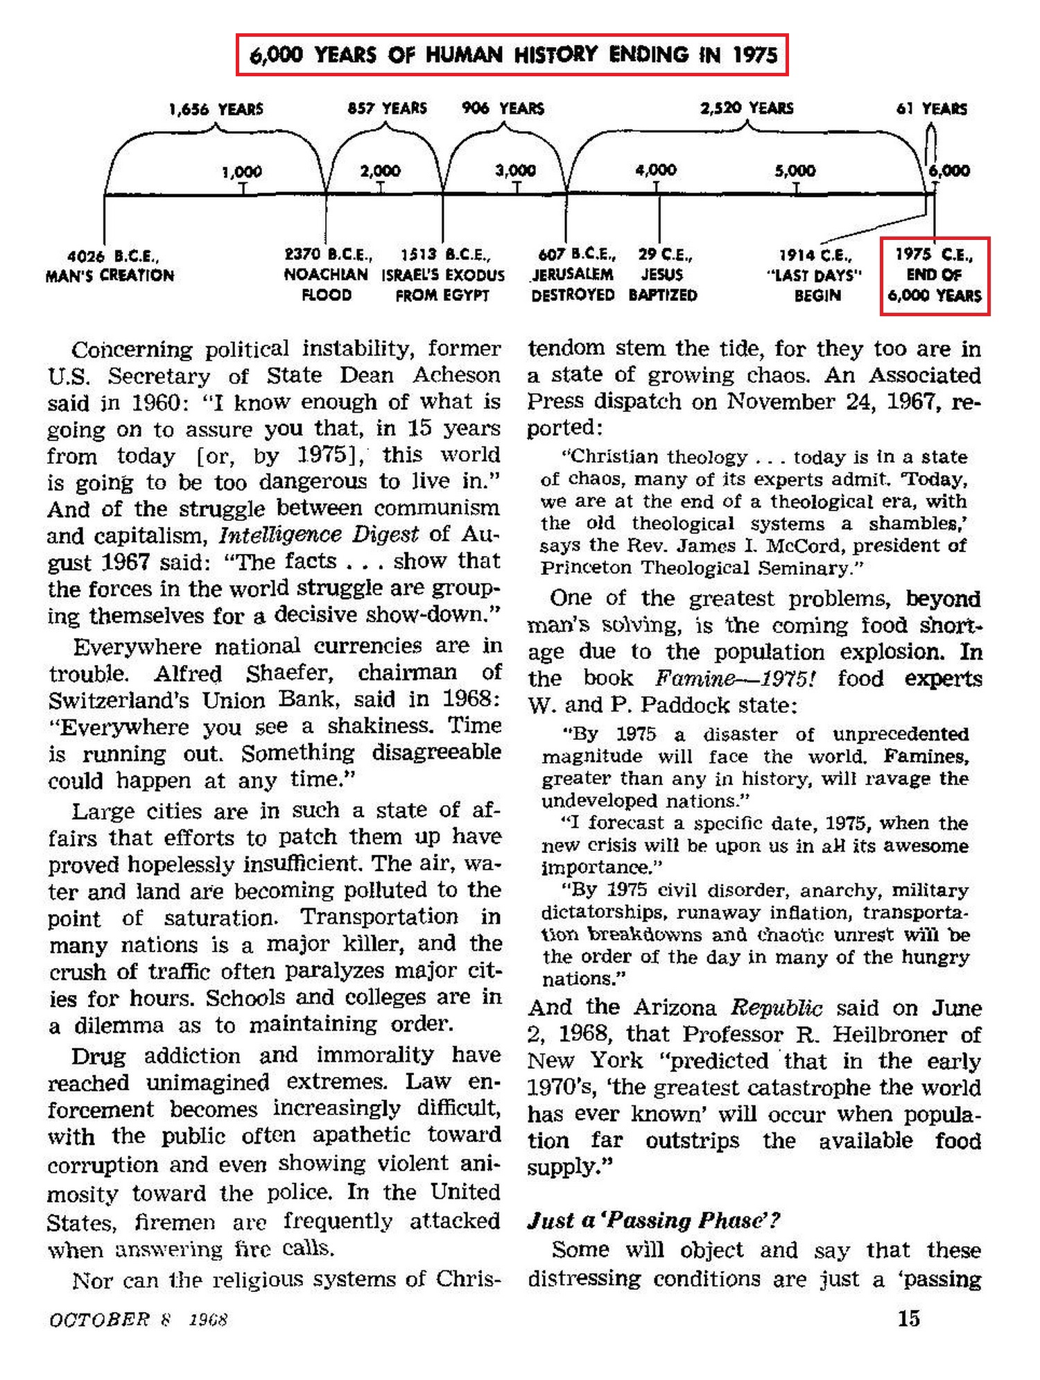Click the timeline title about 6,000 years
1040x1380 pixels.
coord(512,54)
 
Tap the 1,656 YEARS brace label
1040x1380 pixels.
coord(216,109)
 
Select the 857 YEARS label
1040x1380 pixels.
coord(387,108)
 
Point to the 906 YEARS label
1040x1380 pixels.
coord(503,108)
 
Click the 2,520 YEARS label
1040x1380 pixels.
coord(747,108)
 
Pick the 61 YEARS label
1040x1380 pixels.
coord(931,108)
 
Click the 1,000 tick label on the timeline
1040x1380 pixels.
coord(242,171)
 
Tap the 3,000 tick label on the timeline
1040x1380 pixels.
coord(517,170)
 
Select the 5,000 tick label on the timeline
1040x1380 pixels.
coord(795,170)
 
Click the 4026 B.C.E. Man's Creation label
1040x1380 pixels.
coord(110,266)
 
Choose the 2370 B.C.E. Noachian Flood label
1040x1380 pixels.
coord(327,275)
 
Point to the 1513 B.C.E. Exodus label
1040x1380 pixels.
coord(443,275)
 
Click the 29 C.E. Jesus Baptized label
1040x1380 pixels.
coord(663,275)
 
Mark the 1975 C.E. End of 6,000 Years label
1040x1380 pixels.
coord(935,275)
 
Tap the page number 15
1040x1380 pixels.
coord(908,1318)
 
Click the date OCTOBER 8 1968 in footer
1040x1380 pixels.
coord(138,1319)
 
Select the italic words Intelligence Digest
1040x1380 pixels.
coord(319,535)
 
